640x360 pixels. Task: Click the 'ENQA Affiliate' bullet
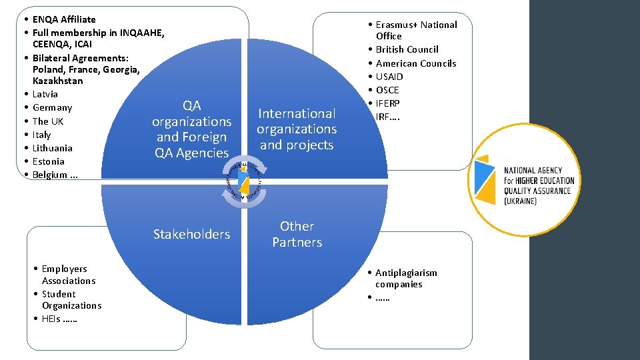pos(64,19)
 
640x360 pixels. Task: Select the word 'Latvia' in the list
pos(45,94)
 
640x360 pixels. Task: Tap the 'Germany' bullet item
pos(52,107)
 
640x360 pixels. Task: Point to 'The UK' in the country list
pos(48,121)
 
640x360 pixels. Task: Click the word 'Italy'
pos(41,135)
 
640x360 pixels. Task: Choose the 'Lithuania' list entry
pos(52,148)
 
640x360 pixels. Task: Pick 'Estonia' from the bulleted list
pos(49,161)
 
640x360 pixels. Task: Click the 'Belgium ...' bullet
pos(55,175)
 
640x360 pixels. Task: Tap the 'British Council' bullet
pos(407,49)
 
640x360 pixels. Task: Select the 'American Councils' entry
pos(416,63)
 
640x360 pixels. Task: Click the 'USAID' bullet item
pos(389,77)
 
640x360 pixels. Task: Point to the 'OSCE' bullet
pos(387,90)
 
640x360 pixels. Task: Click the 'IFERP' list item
pos(388,103)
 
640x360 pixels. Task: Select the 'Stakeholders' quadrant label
pos(191,234)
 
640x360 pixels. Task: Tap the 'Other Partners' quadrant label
pos(297,234)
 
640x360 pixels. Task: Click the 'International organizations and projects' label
pos(297,129)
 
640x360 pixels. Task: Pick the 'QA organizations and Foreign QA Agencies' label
pos(191,129)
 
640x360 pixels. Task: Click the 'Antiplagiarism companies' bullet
pos(406,278)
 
